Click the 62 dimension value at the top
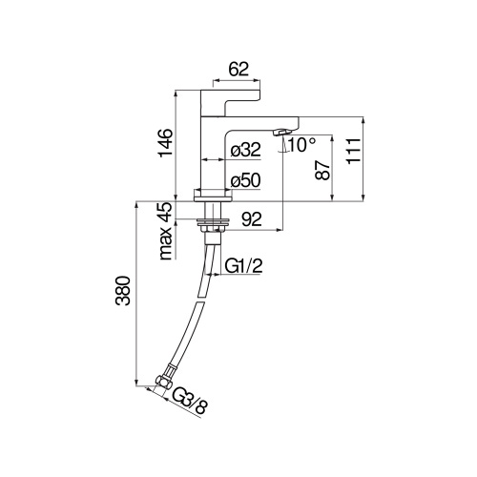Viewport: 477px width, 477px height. (238, 69)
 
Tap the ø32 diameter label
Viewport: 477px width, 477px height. (246, 149)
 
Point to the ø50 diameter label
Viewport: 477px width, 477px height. (246, 180)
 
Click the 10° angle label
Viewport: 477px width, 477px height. (301, 145)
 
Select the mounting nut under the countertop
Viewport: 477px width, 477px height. (211, 225)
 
